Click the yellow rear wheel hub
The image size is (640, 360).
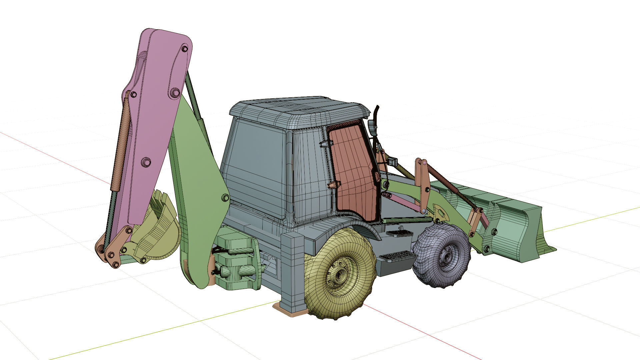coord(339,275)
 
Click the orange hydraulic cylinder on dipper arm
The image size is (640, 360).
coord(121,143)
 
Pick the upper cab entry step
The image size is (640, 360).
coord(399,233)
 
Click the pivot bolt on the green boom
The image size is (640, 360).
coord(225,198)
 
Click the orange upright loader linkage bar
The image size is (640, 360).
coord(423,185)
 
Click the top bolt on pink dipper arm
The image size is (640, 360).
coord(185,49)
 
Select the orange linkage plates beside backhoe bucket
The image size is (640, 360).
coord(117,247)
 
